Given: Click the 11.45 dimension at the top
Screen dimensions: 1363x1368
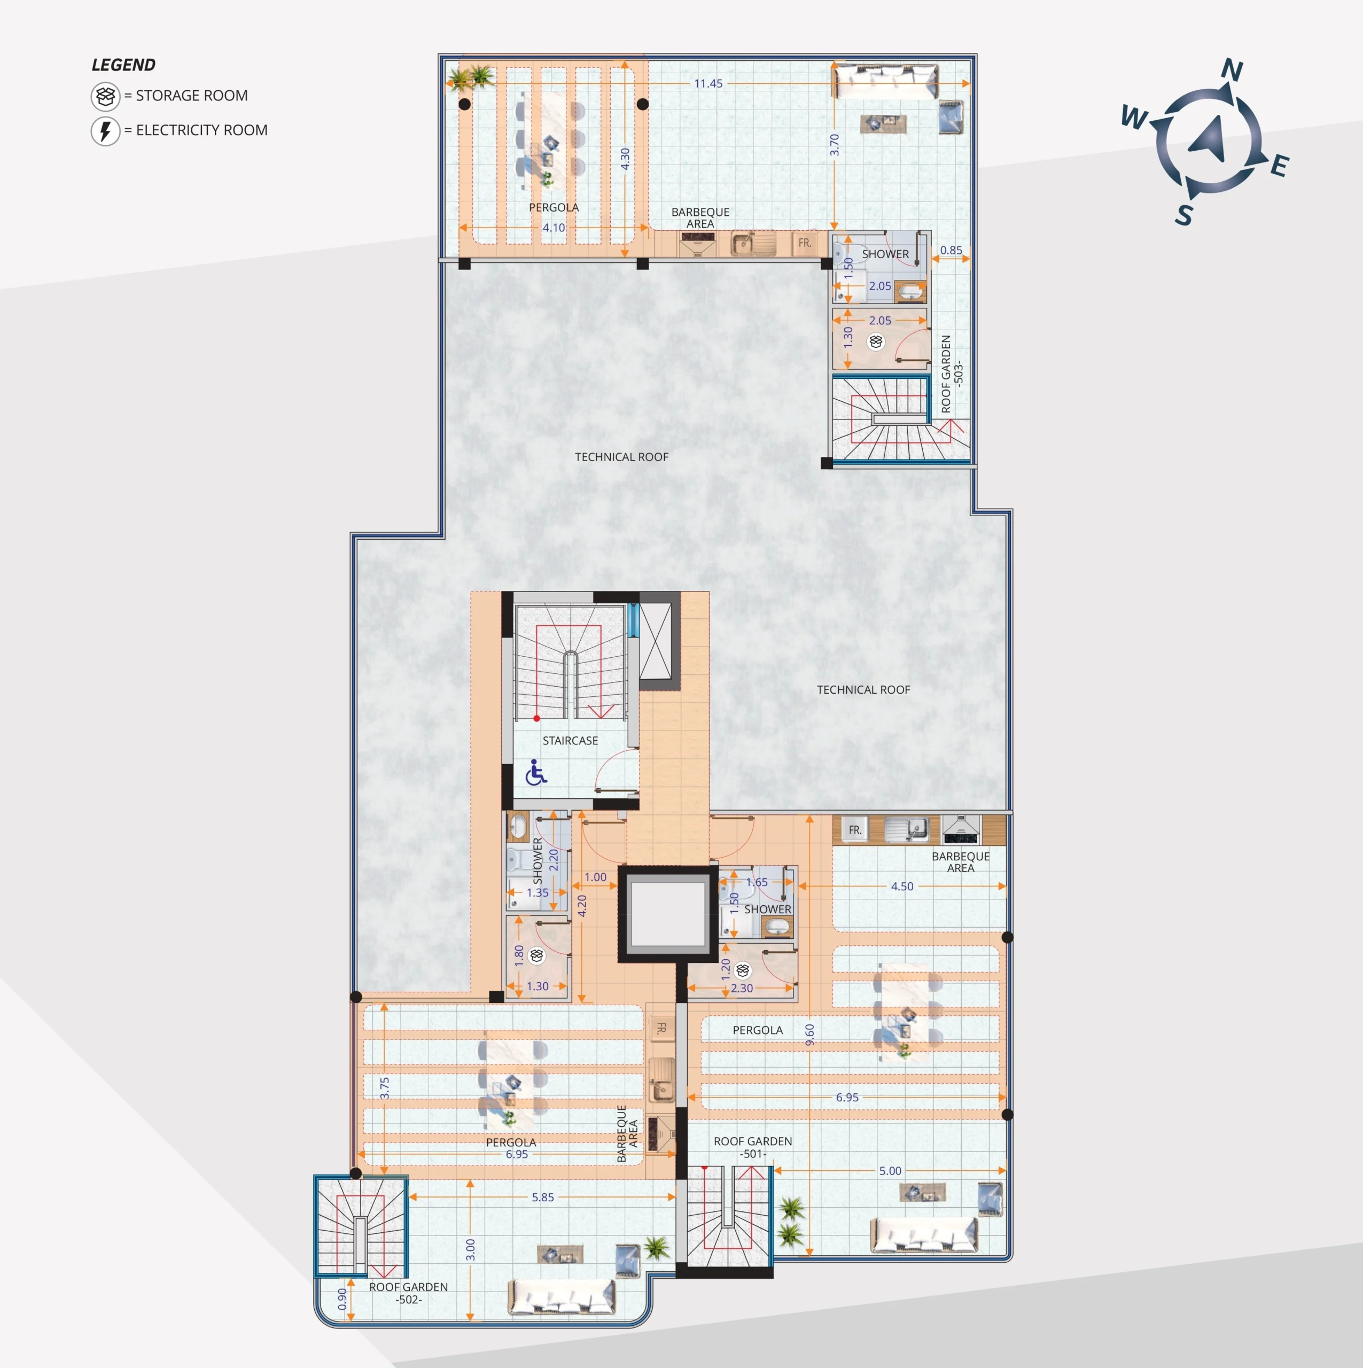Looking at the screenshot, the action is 708,83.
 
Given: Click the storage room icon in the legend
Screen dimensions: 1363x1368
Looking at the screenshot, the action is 105,96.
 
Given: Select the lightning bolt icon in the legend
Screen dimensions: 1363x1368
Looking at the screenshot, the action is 105,131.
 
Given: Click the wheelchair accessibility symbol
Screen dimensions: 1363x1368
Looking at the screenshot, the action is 536,773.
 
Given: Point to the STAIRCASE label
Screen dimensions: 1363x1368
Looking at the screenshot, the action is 570,741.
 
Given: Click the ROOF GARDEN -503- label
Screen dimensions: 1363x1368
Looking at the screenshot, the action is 952,374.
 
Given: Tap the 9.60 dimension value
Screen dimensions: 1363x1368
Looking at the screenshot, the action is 810,1034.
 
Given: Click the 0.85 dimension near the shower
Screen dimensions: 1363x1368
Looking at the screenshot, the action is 951,250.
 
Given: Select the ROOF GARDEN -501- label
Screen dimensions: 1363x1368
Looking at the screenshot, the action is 753,1147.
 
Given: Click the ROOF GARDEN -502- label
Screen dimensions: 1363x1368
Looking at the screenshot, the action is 409,1293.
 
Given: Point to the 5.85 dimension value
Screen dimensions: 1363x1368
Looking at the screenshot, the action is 543,1198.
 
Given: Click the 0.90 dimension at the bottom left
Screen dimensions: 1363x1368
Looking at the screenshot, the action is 342,1299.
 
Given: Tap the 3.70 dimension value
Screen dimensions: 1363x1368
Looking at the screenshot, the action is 835,145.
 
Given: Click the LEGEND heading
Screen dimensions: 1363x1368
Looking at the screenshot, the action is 123,65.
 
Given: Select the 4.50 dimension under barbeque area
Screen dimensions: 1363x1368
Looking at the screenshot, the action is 902,887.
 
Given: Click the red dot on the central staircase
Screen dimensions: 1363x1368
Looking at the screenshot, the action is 536,719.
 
